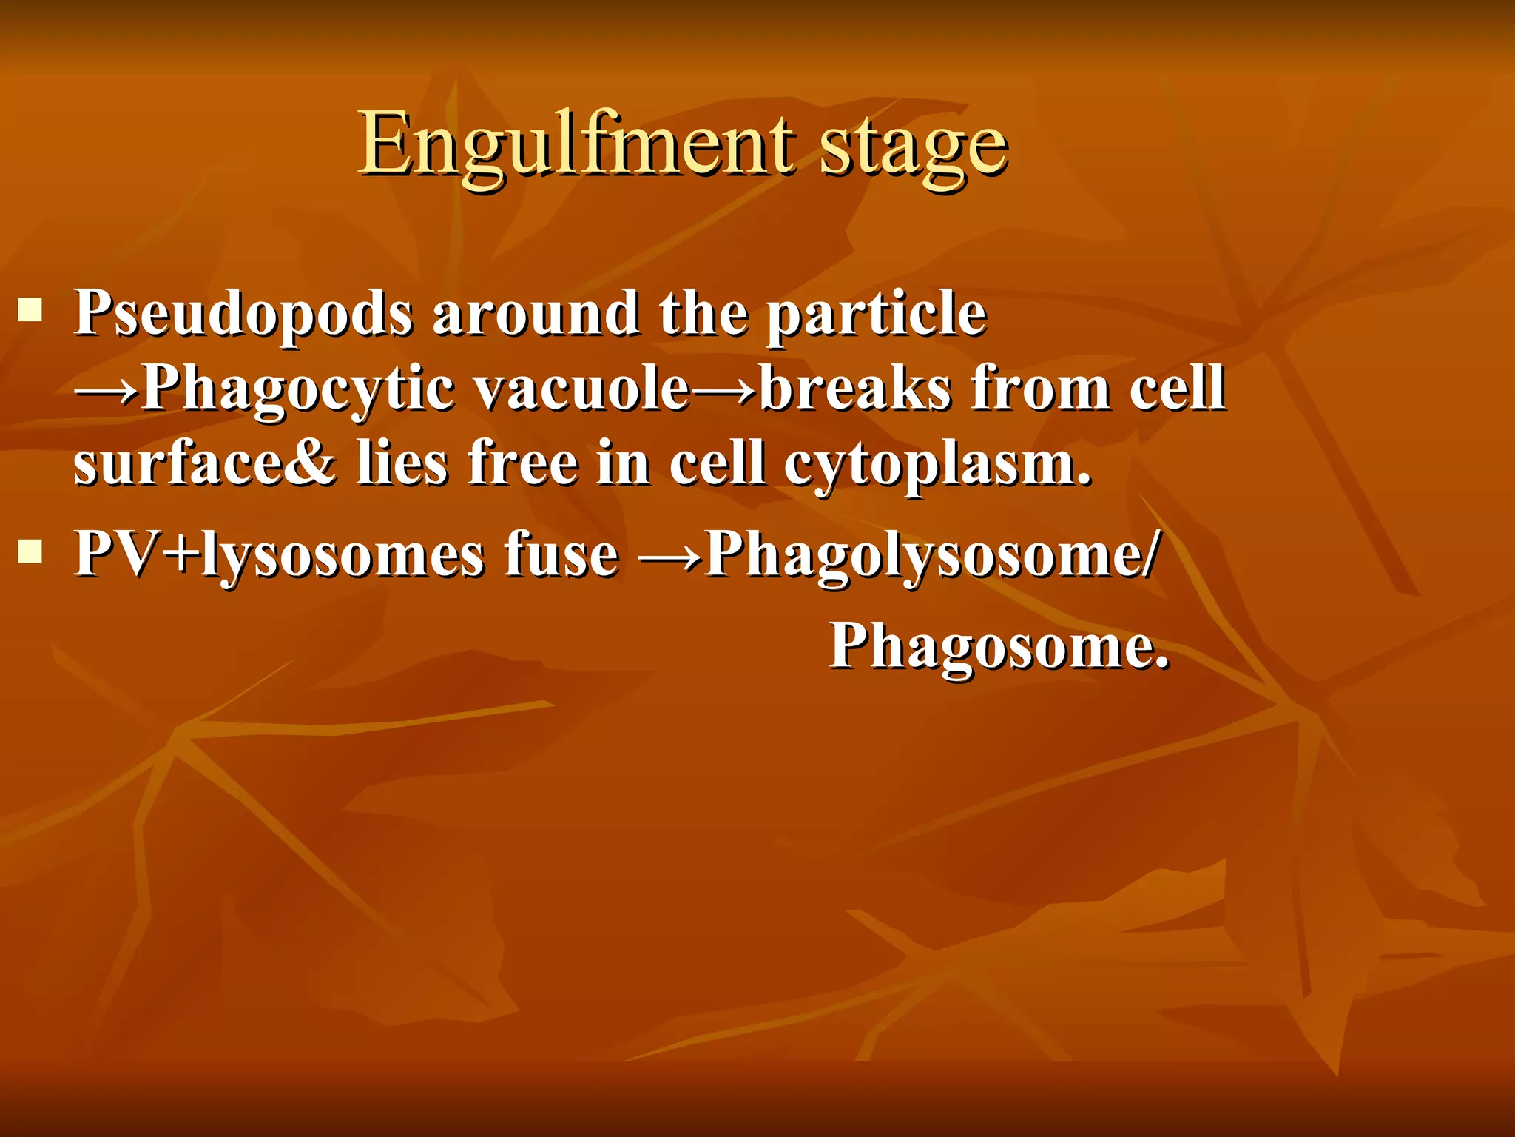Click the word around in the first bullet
(x=536, y=312)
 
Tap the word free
(x=522, y=463)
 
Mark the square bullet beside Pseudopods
(x=30, y=309)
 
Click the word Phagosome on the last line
(x=999, y=646)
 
